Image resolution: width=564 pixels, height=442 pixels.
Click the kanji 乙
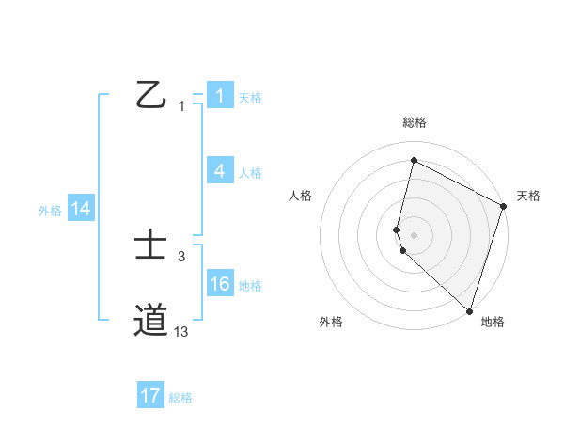[150, 95]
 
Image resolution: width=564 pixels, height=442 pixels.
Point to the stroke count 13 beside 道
[181, 331]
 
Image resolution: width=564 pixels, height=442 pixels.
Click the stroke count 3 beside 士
[181, 256]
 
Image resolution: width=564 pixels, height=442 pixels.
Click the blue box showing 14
[81, 210]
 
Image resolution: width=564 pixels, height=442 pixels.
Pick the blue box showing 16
[220, 285]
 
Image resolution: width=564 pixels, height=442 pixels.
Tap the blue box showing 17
[150, 396]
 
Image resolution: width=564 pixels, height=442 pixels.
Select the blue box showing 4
[220, 171]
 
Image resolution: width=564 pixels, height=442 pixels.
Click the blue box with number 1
[220, 96]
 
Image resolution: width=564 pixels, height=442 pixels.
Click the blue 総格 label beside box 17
[180, 398]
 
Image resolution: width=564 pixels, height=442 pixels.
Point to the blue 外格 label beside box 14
[50, 211]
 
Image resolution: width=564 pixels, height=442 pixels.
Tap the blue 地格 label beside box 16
[250, 286]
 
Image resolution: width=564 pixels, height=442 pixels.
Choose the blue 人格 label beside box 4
[250, 173]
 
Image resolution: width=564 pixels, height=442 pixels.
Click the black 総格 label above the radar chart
[415, 122]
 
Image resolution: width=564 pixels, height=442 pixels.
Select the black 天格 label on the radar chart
[528, 196]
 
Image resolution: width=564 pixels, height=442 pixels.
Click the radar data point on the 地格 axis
[469, 310]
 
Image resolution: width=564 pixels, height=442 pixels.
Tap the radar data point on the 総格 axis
[414, 161]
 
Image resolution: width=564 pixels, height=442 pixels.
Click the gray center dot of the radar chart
[414, 234]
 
